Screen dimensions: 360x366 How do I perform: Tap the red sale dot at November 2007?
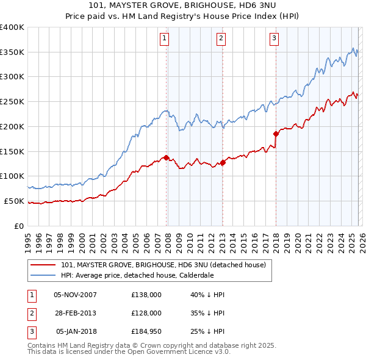point(166,157)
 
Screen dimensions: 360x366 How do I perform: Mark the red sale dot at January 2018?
point(276,134)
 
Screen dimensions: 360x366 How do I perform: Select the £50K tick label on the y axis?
point(14,201)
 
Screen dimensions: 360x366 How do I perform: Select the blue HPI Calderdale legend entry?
point(145,275)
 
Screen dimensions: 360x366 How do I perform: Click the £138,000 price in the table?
point(146,295)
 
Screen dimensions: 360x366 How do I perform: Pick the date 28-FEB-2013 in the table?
point(75,313)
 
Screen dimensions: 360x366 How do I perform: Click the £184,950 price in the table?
point(146,331)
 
